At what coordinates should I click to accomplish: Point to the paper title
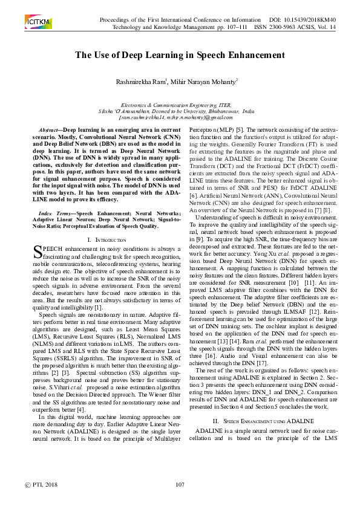pos(180,55)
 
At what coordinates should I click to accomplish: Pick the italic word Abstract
pos(50,131)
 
